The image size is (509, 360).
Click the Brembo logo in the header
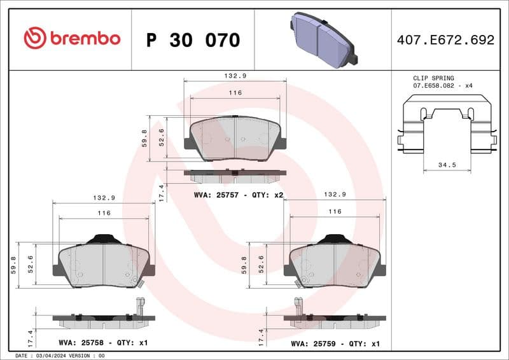point(71,38)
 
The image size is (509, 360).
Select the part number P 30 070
point(193,40)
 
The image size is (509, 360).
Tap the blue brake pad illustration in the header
point(323,38)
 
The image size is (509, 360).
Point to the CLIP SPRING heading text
point(433,78)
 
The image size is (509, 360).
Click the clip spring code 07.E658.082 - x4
point(443,85)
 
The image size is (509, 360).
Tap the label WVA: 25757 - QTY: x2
point(238,195)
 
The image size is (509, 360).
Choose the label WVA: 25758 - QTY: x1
point(103,343)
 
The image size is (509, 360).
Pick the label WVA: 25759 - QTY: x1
point(335,343)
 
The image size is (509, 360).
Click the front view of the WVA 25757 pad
point(235,137)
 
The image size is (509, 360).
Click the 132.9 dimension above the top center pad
point(235,75)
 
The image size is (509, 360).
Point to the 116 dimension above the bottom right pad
point(335,211)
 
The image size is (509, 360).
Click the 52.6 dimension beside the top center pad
point(162,137)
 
